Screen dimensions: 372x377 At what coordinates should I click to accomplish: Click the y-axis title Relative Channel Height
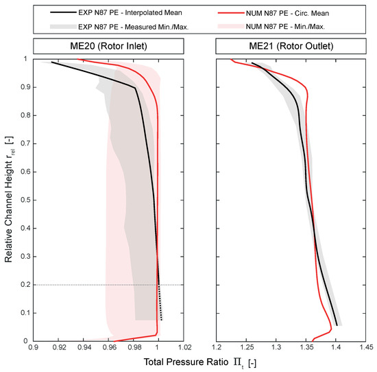click(9, 199)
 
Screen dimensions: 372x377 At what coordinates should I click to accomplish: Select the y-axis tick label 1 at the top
click(27, 59)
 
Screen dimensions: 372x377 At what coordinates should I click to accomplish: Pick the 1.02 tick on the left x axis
click(183, 348)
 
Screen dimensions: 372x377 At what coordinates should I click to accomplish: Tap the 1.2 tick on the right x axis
click(217, 348)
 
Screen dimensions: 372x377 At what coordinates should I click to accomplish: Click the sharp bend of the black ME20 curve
click(134, 88)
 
